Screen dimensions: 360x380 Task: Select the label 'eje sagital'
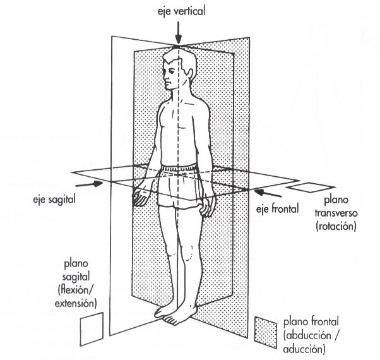pyautogui.click(x=54, y=199)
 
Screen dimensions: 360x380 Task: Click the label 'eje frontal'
pyautogui.click(x=277, y=207)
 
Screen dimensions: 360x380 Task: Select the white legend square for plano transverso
pyautogui.click(x=306, y=188)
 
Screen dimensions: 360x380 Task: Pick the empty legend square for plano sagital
pyautogui.click(x=90, y=330)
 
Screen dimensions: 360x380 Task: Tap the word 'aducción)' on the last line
pyautogui.click(x=306, y=348)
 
